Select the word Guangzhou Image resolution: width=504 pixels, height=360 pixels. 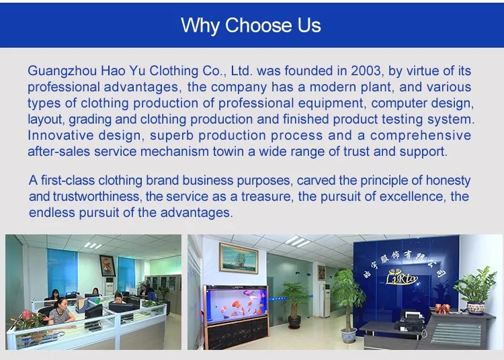point(62,71)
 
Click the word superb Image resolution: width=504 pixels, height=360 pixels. point(171,136)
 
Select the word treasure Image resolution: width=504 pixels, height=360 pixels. point(266,196)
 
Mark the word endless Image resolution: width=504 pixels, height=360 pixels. point(52,212)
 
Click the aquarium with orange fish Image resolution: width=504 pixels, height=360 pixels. point(237,304)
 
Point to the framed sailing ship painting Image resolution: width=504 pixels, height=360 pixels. point(239,258)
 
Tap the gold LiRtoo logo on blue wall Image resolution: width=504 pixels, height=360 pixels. point(402,277)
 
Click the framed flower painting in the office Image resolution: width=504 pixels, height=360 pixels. point(107,265)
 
